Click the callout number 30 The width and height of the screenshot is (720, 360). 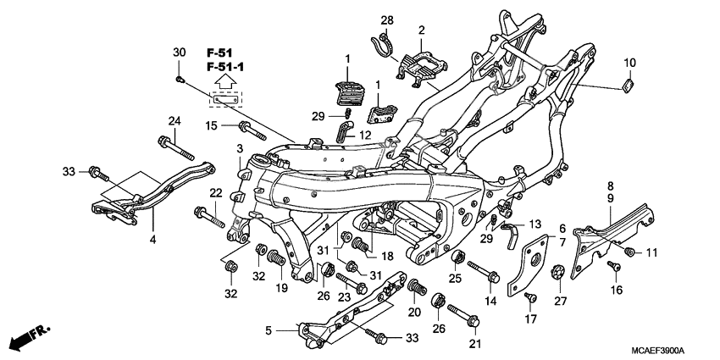pos(179,53)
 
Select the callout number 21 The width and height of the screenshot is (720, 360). pos(475,343)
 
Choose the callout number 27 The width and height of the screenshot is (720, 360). pos(559,301)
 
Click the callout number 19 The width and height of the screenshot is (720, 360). pos(282,288)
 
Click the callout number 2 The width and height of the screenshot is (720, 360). pos(420,31)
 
